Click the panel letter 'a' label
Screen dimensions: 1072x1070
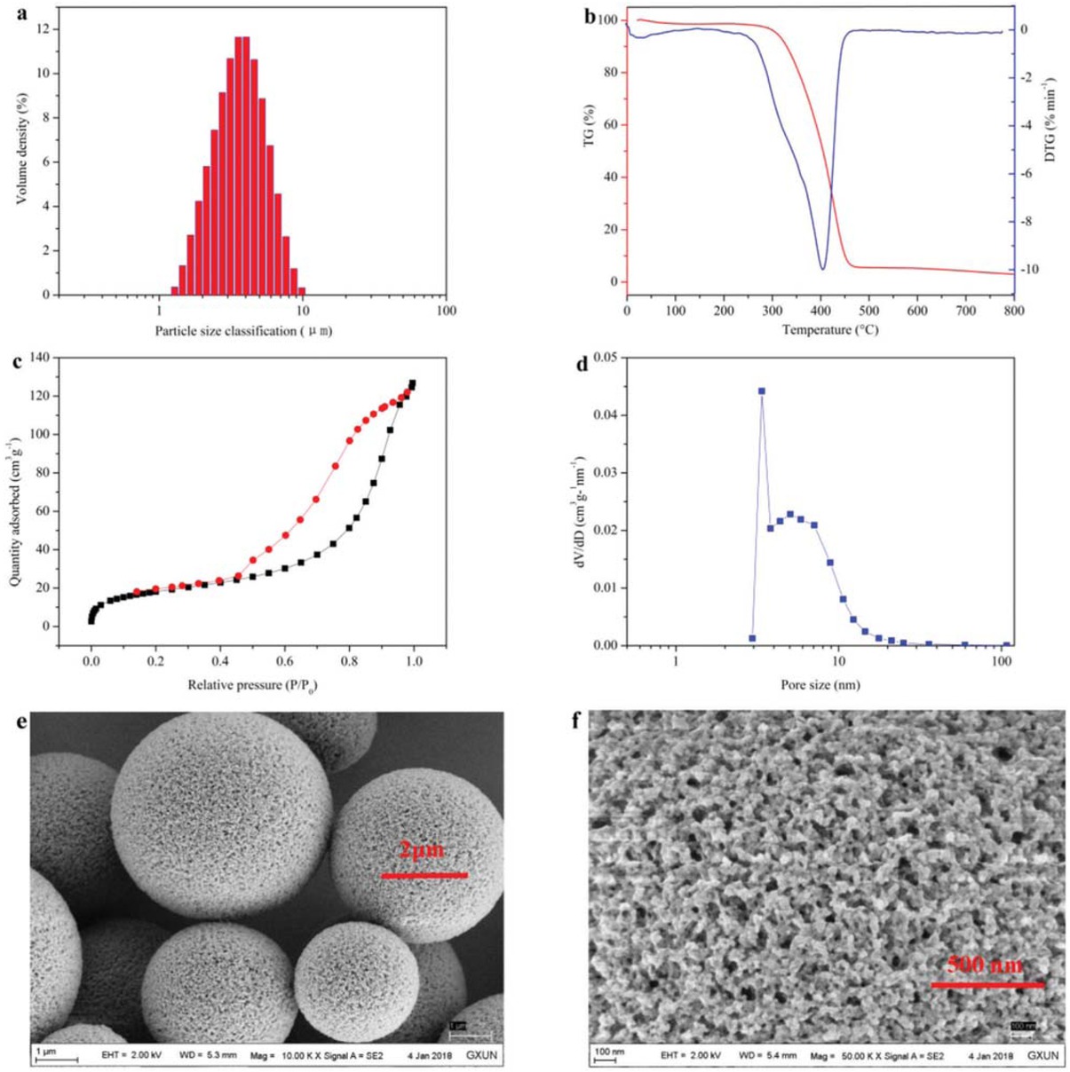click(11, 11)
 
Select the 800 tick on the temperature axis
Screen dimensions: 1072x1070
click(1013, 311)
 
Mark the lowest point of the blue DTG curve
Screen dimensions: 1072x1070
click(822, 269)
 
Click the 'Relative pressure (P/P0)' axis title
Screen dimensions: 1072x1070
click(252, 686)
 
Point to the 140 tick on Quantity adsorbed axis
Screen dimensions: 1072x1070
click(40, 358)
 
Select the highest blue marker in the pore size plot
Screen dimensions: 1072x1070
click(761, 390)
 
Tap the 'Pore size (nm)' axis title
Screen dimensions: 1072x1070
click(820, 685)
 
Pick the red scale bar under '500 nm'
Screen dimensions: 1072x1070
click(987, 985)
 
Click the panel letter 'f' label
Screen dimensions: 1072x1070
click(577, 721)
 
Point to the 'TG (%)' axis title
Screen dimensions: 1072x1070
click(589, 125)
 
